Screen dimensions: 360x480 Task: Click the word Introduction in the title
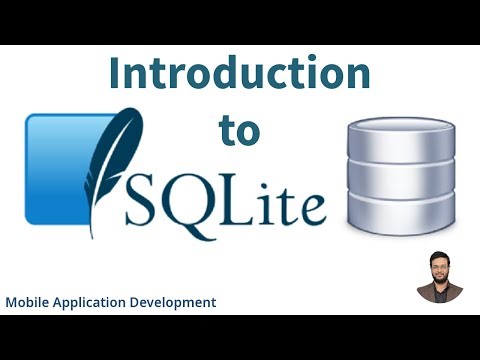[239, 76]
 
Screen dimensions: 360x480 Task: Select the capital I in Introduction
[116, 76]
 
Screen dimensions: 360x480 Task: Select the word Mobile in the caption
[29, 301]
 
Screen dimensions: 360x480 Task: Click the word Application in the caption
[95, 301]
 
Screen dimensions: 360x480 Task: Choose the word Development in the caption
[176, 301]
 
